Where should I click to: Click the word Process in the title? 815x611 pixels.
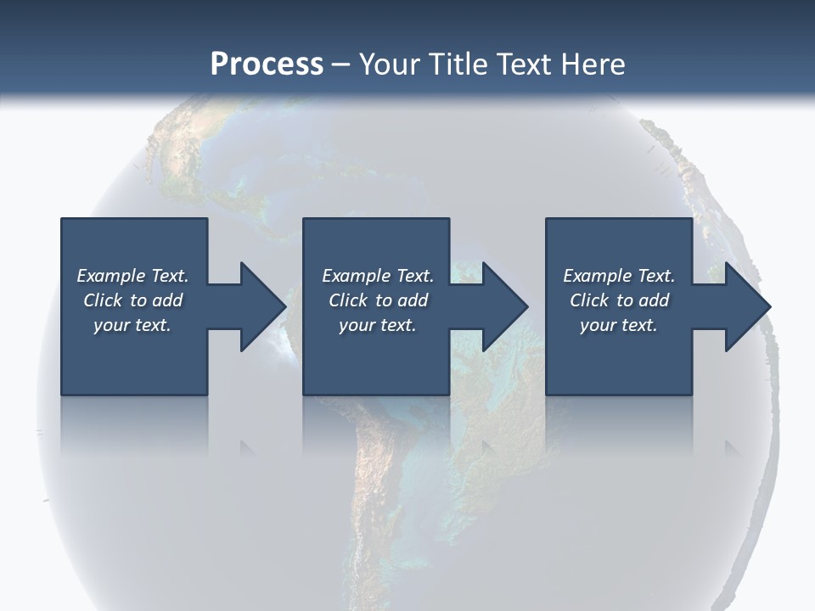[267, 64]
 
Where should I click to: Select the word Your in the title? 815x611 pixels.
[391, 64]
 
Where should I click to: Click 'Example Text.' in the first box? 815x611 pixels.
[132, 276]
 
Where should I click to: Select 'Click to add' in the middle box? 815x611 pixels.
[378, 300]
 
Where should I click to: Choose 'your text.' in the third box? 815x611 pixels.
[619, 325]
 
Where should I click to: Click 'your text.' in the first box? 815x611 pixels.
[132, 325]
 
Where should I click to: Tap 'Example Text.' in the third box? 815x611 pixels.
[619, 276]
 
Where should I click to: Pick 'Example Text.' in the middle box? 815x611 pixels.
[378, 276]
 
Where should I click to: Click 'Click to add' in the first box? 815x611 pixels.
[132, 300]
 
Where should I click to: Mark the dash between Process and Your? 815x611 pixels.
[341, 64]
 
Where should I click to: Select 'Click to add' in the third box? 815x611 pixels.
[619, 300]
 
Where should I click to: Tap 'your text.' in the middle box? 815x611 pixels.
[378, 325]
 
